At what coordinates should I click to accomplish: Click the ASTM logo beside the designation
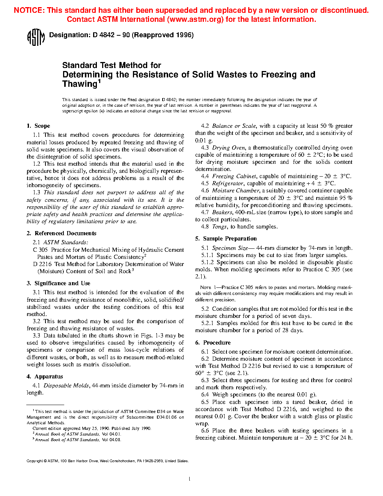(36, 37)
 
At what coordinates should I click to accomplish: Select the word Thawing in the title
(80, 84)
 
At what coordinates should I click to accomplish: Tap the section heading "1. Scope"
(38, 126)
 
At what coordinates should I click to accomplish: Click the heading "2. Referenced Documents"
(62, 233)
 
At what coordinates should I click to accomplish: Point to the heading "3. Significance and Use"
(59, 283)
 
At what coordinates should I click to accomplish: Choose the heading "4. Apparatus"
(45, 377)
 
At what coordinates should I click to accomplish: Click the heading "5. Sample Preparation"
(226, 239)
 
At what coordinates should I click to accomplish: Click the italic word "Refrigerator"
(228, 183)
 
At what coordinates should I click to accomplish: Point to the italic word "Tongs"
(219, 227)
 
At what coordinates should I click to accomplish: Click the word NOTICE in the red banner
(29, 11)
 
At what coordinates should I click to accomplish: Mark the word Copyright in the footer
(35, 461)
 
